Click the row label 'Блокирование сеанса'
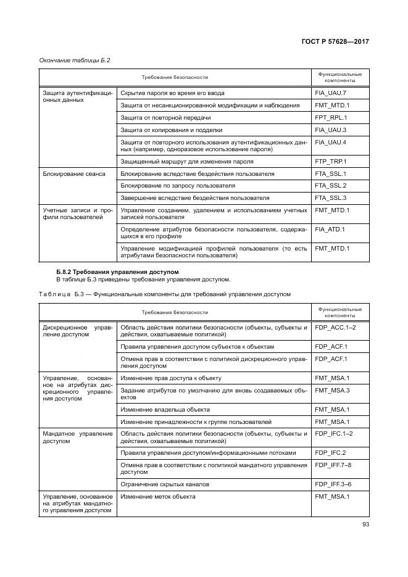[x=74, y=174]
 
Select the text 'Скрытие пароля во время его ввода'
[x=172, y=93]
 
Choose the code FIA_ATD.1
[x=331, y=230]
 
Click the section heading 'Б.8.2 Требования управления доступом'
[x=118, y=272]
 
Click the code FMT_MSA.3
[x=332, y=390]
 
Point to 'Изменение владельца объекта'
[x=165, y=409]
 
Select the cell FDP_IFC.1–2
[x=334, y=434]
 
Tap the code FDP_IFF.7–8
[x=333, y=465]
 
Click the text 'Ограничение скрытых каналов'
[x=165, y=484]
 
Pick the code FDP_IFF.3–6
[x=333, y=484]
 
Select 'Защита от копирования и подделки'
[x=171, y=130]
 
